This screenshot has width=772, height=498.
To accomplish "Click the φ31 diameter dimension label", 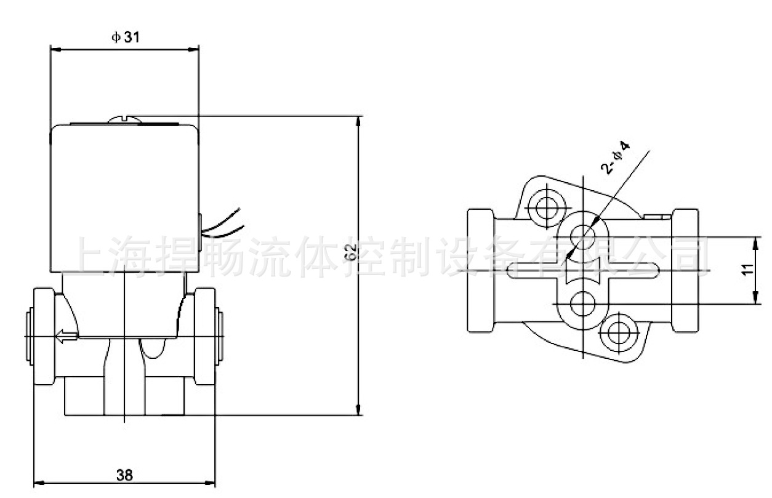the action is (x=126, y=37).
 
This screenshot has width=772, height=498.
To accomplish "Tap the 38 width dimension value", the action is (x=124, y=475).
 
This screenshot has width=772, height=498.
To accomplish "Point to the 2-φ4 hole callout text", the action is (x=615, y=158).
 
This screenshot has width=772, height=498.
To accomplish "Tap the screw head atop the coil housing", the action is (x=125, y=119).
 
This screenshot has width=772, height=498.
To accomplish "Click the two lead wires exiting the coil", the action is (x=223, y=223).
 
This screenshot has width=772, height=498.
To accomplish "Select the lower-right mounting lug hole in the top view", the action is (x=619, y=333).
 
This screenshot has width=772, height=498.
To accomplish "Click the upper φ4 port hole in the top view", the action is (x=583, y=237).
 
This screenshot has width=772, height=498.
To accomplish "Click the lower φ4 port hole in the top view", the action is (x=583, y=303).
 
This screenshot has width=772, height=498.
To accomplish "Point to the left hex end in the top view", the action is (x=480, y=270).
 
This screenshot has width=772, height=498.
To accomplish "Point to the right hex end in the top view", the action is (x=685, y=270).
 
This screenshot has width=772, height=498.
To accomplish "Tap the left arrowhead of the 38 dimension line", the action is (x=39, y=483).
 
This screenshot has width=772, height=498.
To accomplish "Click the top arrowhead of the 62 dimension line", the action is (x=359, y=122).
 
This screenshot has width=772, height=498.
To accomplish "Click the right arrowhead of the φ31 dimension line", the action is (x=193, y=50).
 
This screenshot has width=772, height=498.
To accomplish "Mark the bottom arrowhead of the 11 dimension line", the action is (x=756, y=299).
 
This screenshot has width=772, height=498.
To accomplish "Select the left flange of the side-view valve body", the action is (x=44, y=336).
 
